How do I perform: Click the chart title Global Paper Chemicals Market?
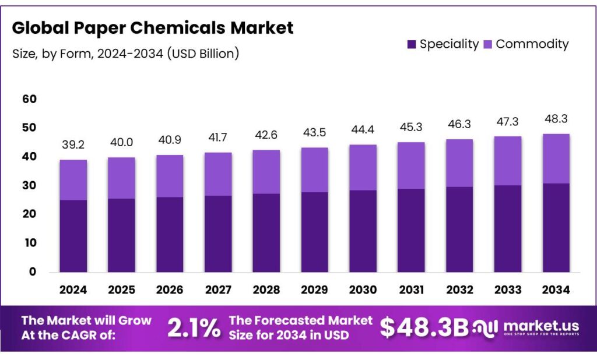coord(153,27)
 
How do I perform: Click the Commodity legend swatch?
coord(487,44)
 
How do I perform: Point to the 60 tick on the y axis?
coord(29,99)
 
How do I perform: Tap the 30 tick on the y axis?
coord(29,185)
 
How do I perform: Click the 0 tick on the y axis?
coord(33,271)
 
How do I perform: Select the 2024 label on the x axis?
coord(73,290)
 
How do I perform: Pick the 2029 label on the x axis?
coord(315,290)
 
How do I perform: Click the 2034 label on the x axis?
coord(556,290)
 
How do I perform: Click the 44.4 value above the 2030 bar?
coord(363,130)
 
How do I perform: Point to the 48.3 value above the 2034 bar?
coord(556,119)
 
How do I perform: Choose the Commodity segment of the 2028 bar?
coord(266,172)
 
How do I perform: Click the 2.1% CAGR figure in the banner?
coord(194,328)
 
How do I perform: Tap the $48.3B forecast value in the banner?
coord(424,328)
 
